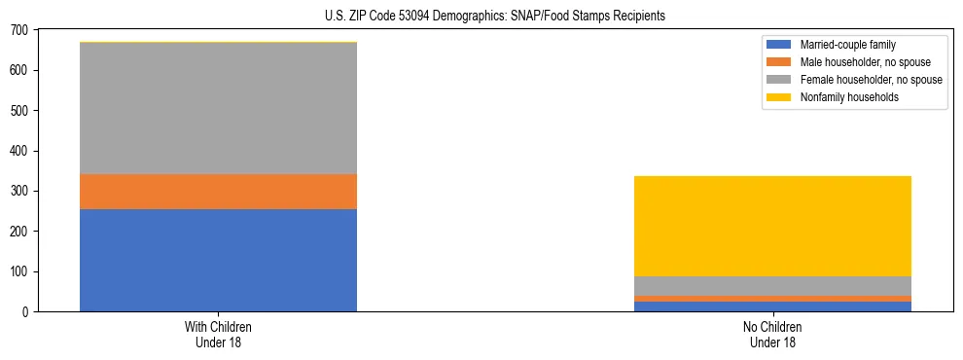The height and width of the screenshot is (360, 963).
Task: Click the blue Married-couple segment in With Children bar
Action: click(218, 260)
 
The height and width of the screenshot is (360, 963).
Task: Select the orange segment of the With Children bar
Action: click(218, 192)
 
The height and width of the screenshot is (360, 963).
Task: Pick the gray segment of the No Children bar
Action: click(772, 286)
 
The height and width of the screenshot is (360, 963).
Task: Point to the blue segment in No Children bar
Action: click(772, 306)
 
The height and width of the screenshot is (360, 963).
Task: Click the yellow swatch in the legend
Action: click(780, 97)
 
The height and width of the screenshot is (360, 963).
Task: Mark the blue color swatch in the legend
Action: click(780, 45)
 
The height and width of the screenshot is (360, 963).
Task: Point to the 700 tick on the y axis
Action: click(19, 30)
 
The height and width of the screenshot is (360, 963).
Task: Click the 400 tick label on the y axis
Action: click(19, 151)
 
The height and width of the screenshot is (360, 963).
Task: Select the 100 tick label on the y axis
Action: click(19, 271)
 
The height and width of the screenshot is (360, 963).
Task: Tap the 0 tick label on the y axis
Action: click(25, 311)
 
